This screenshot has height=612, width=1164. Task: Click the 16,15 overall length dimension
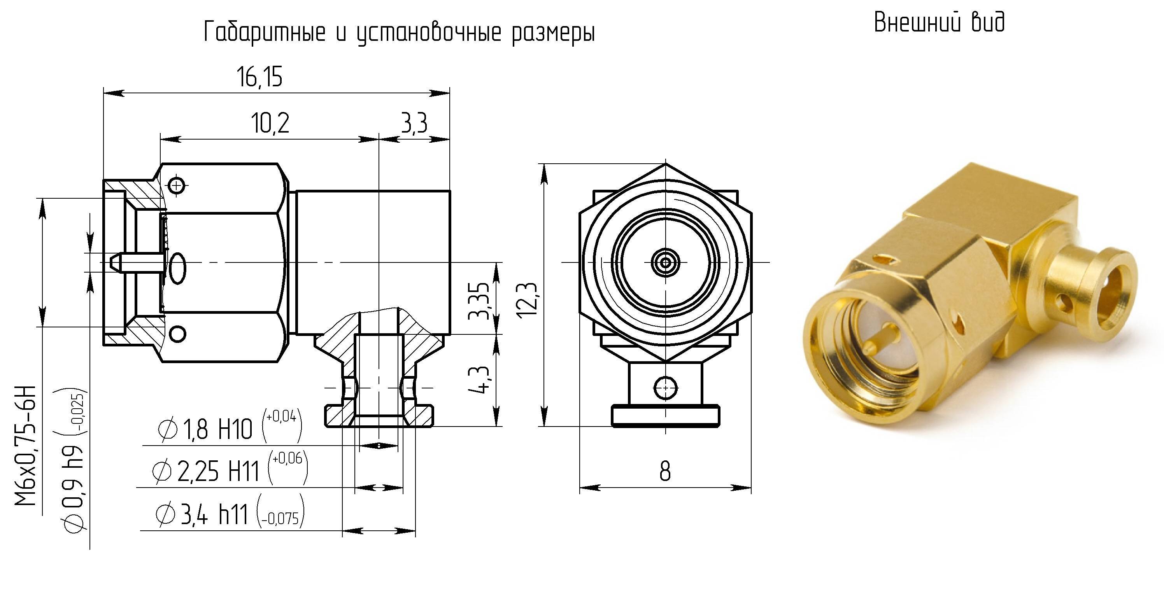pos(259,77)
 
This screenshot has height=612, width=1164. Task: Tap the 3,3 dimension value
pos(414,123)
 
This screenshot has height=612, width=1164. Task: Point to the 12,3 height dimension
pos(527,299)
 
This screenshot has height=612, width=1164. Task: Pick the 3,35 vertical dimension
pos(479,301)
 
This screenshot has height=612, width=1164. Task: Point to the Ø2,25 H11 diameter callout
pos(230,469)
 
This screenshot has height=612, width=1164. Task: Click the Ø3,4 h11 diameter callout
pos(230,511)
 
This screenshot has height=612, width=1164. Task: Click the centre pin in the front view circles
pos(665,262)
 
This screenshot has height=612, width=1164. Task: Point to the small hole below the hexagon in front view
pos(666,388)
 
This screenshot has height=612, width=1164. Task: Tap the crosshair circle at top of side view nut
pos(177,185)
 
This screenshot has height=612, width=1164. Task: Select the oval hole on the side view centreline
pos(177,268)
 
